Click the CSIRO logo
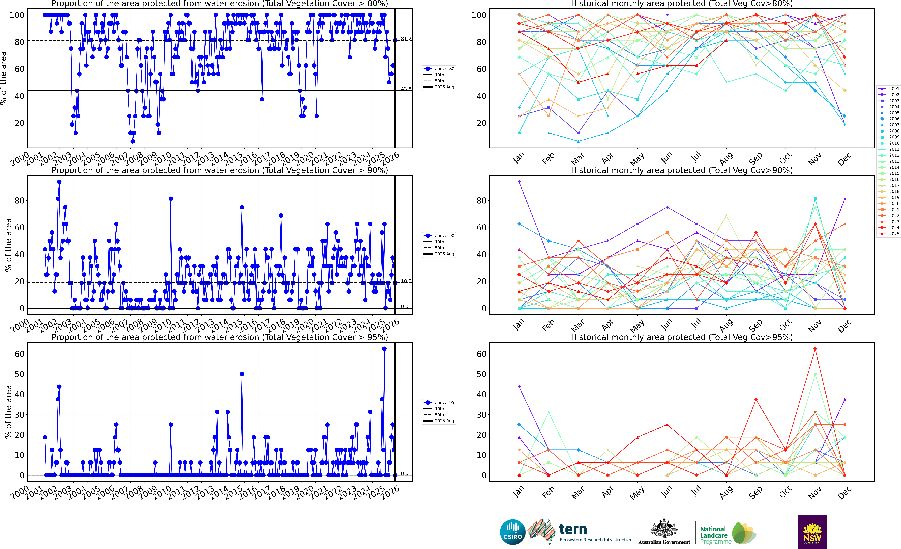tap(513, 532)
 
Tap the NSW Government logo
tap(812, 532)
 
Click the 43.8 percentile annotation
tap(406, 89)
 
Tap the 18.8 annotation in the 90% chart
tap(406, 281)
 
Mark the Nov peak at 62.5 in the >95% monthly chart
tap(815, 349)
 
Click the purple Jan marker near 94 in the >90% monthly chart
tap(519, 182)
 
